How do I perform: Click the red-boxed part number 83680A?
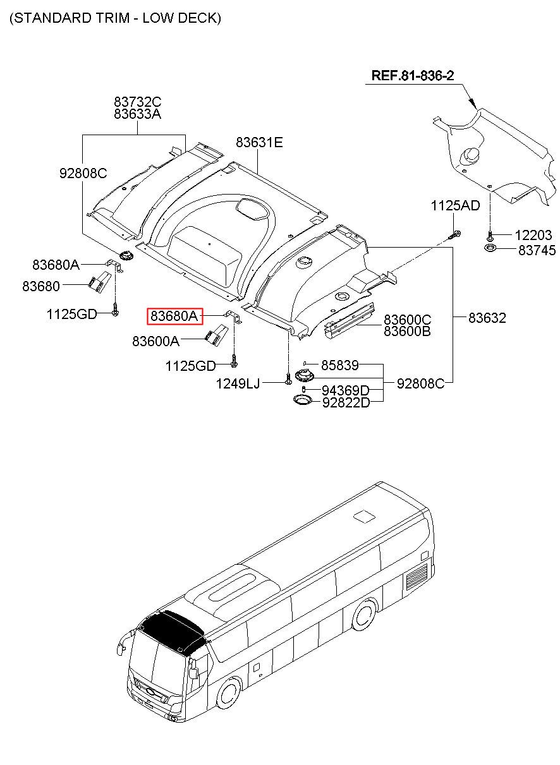pos(174,316)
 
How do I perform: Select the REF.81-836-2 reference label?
pos(413,75)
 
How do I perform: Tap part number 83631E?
pos(259,142)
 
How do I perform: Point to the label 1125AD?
pos(456,205)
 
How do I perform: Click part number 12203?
pos(533,235)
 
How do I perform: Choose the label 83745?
pos(537,250)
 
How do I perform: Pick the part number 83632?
pos(487,318)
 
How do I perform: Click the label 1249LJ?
pos(238,383)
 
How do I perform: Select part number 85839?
pos(340,365)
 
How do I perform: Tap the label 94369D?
pos(346,390)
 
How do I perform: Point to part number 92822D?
pos(346,403)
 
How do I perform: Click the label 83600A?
pos(156,341)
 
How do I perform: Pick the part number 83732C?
pos(137,102)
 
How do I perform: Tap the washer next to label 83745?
pos(490,248)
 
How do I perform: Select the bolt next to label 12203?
pos(490,235)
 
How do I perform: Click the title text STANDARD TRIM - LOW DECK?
pos(116,18)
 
